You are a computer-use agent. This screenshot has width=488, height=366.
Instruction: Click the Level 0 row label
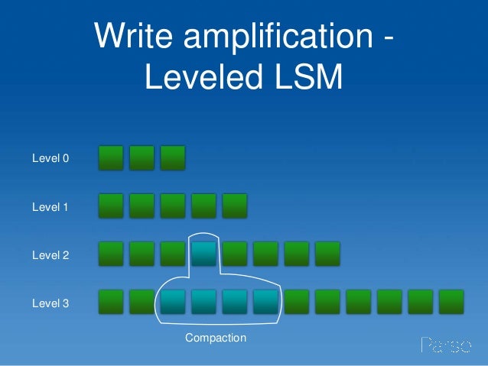point(50,159)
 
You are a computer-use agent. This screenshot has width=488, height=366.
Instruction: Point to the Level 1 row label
point(50,207)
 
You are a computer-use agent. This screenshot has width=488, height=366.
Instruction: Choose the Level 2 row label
point(50,255)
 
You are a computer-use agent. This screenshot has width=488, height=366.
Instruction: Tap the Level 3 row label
point(50,303)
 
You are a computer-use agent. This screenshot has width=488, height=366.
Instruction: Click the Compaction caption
point(216,338)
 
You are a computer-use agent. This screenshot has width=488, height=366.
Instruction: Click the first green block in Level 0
point(112,158)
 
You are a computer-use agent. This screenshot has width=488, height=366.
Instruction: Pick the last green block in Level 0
point(173,158)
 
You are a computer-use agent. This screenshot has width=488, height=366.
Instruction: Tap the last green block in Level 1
point(235,206)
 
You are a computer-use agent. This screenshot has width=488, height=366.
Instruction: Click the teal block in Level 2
point(203,254)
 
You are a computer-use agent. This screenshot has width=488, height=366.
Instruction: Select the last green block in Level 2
point(327,254)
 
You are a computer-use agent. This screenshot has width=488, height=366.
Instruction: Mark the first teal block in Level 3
point(173,302)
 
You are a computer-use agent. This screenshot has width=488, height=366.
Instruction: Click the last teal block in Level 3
point(265,302)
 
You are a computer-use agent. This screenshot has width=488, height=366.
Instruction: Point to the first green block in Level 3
point(112,302)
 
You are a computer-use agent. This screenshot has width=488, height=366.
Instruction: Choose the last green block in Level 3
point(451,302)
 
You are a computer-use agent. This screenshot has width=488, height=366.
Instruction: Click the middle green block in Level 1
point(173,206)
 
